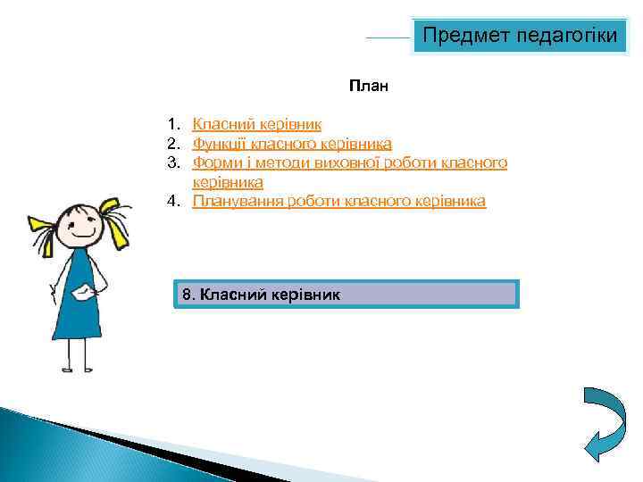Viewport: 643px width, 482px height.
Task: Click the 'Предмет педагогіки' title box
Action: [x=520, y=36]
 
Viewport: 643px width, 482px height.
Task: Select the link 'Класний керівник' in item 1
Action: [x=257, y=124]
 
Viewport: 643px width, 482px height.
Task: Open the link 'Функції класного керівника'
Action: [x=292, y=143]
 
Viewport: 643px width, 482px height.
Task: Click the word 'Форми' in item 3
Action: [x=214, y=162]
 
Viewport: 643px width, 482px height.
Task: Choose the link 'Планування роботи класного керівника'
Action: [x=339, y=201]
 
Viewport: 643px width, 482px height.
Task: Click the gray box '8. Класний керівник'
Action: [x=345, y=294]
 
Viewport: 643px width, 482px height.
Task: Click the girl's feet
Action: [x=75, y=367]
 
